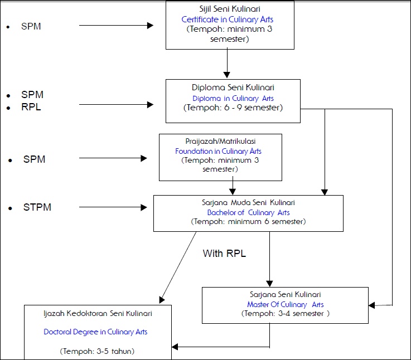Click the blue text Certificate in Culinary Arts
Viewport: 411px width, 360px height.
coord(228,20)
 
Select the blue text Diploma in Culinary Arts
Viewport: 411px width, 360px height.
coord(233,98)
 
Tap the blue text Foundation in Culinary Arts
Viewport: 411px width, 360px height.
coord(218,151)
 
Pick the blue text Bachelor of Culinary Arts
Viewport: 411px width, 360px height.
coord(248,212)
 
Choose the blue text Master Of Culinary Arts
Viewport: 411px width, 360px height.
coord(285,304)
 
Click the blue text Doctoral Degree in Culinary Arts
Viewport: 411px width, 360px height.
coord(95,332)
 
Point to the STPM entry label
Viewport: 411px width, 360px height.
coord(37,207)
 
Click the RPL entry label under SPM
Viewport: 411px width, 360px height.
coord(31,107)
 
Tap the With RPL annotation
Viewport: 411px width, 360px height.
coord(224,254)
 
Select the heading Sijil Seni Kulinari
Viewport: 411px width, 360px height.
coord(230,9)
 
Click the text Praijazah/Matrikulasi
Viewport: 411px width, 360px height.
coord(220,141)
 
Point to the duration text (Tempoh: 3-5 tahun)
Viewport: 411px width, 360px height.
coord(97,351)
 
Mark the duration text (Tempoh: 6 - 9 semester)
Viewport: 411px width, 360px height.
coord(233,108)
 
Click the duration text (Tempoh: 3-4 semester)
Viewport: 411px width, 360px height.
coord(285,314)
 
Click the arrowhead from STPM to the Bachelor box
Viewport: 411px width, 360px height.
coord(144,207)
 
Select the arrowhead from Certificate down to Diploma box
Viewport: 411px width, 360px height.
coord(227,75)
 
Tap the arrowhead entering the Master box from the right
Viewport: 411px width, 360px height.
coord(371,305)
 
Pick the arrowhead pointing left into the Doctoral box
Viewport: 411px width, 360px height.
coord(175,347)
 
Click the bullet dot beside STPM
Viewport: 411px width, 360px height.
coord(10,208)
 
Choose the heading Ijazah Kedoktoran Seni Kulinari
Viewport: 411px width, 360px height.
coord(98,314)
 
